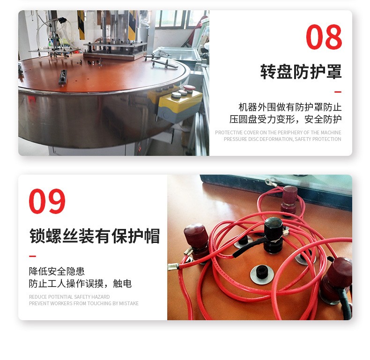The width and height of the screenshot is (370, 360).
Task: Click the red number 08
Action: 324,37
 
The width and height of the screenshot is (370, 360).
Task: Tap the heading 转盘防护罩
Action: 301,72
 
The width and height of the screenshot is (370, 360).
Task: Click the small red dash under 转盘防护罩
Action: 338,92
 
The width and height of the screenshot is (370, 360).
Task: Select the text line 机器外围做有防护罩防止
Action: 290,107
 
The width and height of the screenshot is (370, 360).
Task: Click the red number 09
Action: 47,201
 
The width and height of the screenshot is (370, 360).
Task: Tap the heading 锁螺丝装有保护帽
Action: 95,235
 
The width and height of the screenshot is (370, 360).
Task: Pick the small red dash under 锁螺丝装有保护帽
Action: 32,256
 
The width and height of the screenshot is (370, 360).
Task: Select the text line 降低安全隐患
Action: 57,272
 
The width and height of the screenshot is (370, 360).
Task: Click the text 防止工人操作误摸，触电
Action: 80,283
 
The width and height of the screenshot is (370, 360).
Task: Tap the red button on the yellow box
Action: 190,88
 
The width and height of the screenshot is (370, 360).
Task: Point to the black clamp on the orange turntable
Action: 63,77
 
